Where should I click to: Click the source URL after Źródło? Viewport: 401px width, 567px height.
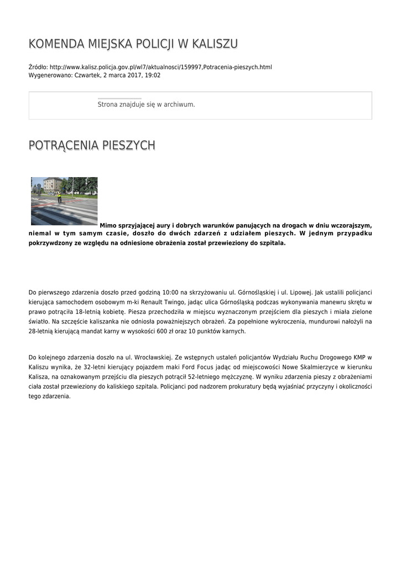(161, 67)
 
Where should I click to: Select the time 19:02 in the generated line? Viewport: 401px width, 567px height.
(153, 75)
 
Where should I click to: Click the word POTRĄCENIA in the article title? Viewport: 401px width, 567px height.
(62, 145)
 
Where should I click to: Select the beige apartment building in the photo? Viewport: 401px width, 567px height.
(52, 184)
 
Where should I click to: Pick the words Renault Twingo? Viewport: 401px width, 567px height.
(158, 301)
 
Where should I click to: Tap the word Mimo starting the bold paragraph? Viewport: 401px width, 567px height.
(108, 225)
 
